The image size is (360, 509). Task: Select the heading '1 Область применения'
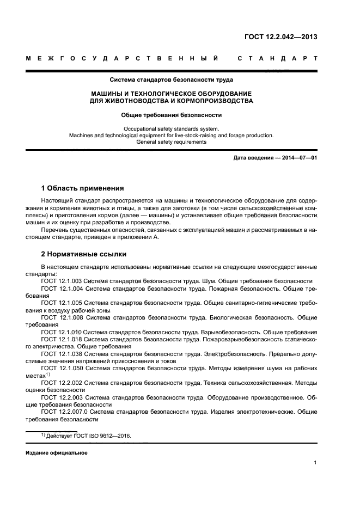tap(82, 188)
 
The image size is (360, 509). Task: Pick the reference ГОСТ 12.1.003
tap(62, 281)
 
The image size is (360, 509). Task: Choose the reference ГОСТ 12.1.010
tap(62, 332)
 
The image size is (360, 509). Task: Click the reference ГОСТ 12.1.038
tap(62, 354)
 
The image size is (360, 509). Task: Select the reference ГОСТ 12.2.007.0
tap(64, 412)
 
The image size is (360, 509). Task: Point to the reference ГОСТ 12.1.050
tap(62, 369)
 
